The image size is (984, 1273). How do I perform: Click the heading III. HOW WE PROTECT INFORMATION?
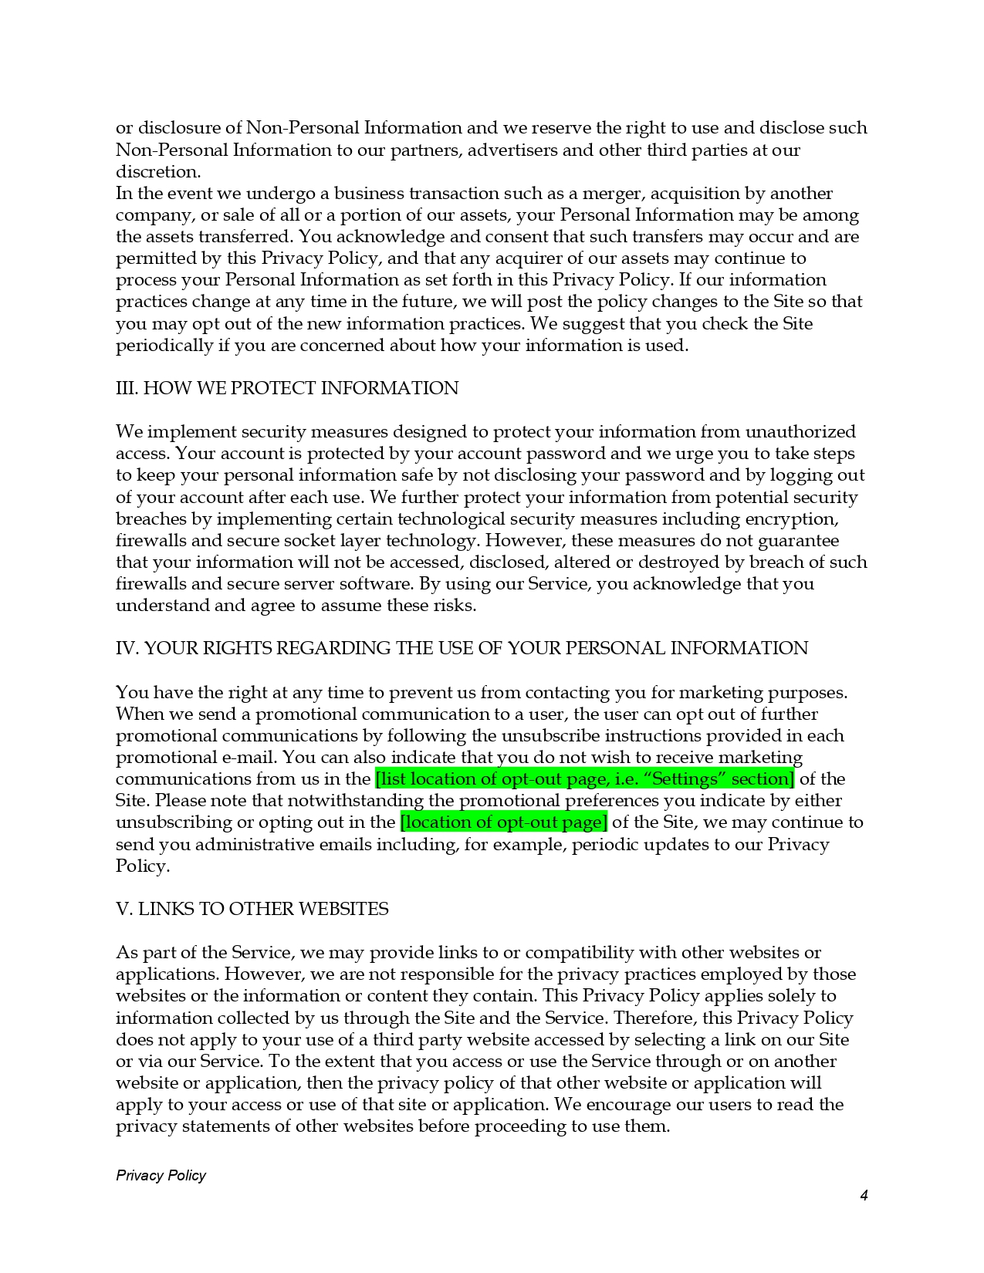[x=287, y=388]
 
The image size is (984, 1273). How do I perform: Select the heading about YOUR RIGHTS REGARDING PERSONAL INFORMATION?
[x=462, y=648]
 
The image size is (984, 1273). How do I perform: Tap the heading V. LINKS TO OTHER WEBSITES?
[x=252, y=909]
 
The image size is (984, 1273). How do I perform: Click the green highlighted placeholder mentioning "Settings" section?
[x=584, y=779]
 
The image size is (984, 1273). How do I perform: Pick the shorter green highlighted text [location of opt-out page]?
[x=503, y=822]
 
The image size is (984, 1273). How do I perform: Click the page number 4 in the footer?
[x=864, y=1196]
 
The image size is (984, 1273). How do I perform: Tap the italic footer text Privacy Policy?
[x=161, y=1175]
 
